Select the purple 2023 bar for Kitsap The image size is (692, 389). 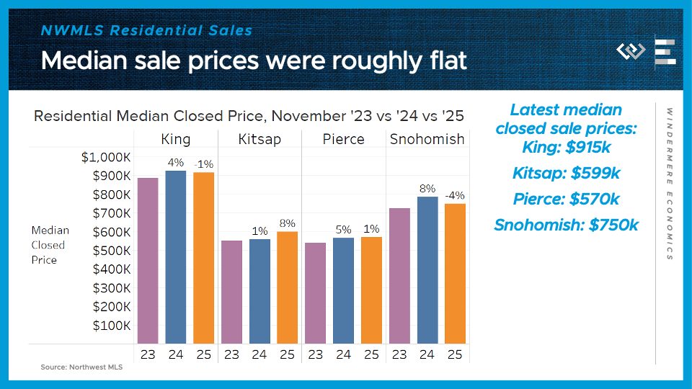[x=231, y=291]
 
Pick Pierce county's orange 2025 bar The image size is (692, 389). [x=371, y=290]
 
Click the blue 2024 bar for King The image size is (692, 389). [x=176, y=256]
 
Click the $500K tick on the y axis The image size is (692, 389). [x=112, y=251]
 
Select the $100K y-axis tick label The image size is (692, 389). [x=112, y=325]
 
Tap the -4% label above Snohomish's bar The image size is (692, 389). [x=454, y=194]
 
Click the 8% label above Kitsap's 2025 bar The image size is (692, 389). [x=287, y=223]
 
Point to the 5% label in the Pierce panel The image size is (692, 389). [x=343, y=230]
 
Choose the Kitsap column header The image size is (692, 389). [x=259, y=139]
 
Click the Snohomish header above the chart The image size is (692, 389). [x=427, y=139]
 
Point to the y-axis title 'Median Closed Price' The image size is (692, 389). [x=50, y=245]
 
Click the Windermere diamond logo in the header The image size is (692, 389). [x=631, y=51]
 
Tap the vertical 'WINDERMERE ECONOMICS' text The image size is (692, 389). [x=669, y=184]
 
